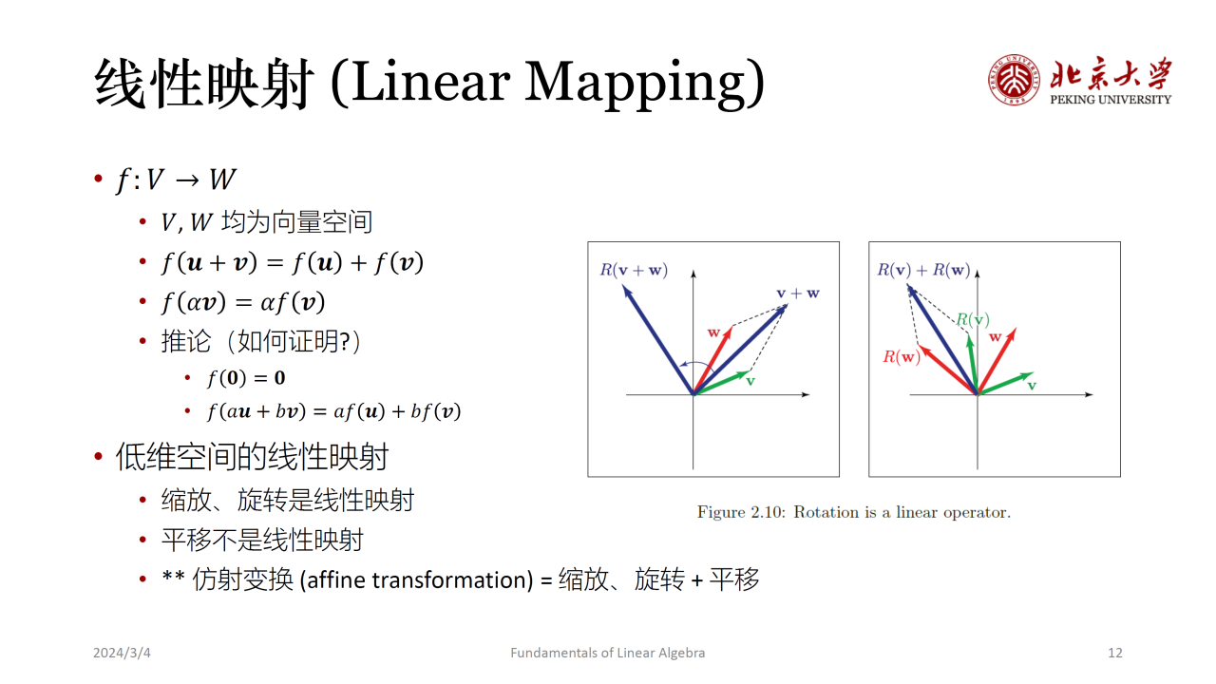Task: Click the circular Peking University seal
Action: (1014, 80)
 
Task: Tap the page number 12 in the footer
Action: (1115, 653)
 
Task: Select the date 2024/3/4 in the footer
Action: (122, 653)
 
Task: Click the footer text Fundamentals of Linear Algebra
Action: (607, 653)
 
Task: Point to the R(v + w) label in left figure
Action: (634, 270)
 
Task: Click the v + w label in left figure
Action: (797, 294)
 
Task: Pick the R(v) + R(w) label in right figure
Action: (923, 270)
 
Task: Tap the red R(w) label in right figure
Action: (902, 356)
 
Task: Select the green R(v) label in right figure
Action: (972, 320)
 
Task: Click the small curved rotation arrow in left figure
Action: (696, 363)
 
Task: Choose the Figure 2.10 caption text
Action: (854, 512)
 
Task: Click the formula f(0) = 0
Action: (246, 378)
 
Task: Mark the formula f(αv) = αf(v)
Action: (243, 302)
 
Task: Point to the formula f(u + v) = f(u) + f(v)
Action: (292, 263)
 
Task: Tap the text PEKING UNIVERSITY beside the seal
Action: (1111, 100)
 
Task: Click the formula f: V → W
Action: (176, 180)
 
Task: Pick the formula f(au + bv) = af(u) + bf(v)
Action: (333, 411)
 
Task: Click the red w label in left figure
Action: (713, 332)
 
